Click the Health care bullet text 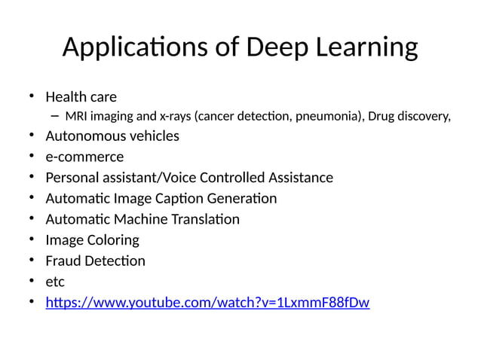click(81, 97)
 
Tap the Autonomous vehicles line click(112, 136)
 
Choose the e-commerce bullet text click(84, 157)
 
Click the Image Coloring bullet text click(92, 240)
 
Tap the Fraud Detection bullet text click(95, 261)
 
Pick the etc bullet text click(55, 282)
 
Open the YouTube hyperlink click(207, 303)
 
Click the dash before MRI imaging click(54, 116)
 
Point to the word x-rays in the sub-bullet click(175, 116)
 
